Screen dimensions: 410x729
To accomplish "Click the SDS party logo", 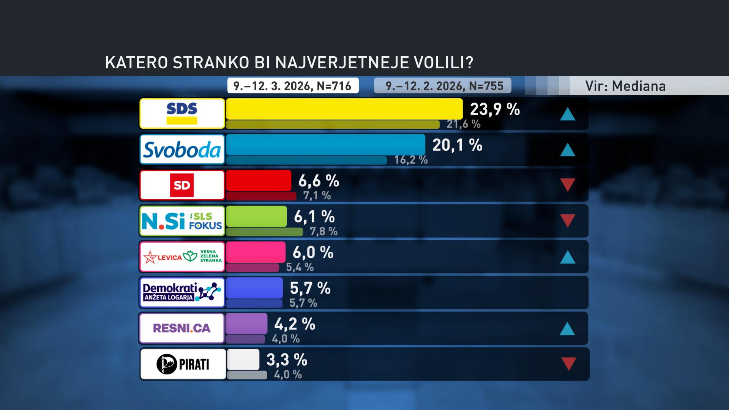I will pyautogui.click(x=182, y=114).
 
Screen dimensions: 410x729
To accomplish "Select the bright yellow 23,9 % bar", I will pyautogui.click(x=344, y=109).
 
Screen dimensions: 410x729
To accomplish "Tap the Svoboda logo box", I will pyautogui.click(x=182, y=149).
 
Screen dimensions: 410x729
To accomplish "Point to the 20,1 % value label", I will pyautogui.click(x=457, y=145).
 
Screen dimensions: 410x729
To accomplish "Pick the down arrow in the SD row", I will pyautogui.click(x=568, y=185).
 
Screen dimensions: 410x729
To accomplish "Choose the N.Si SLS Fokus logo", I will pyautogui.click(x=182, y=221).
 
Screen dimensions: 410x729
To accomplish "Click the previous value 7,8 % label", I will pyautogui.click(x=323, y=231).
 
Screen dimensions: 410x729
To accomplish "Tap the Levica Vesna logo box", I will pyautogui.click(x=182, y=257).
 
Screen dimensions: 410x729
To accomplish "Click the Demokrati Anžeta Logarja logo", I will pyautogui.click(x=182, y=292).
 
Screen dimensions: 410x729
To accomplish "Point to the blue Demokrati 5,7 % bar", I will pyautogui.click(x=254, y=288).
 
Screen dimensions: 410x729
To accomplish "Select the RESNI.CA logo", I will pyautogui.click(x=182, y=328).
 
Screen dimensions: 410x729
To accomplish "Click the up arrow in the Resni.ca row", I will pyautogui.click(x=567, y=329).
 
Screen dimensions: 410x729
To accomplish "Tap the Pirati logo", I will pyautogui.click(x=183, y=364).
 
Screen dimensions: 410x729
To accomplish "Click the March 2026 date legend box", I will pyautogui.click(x=293, y=86).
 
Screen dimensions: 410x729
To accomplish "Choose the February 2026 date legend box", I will pyautogui.click(x=443, y=86).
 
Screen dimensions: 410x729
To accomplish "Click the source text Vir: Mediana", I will pyautogui.click(x=625, y=86).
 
